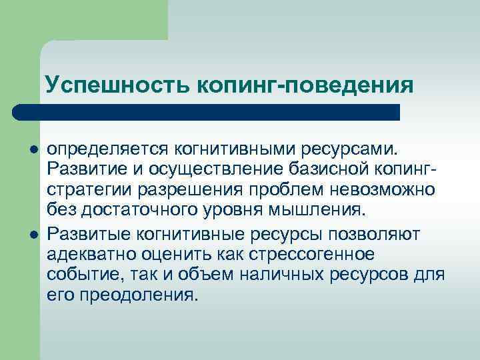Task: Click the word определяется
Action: [x=106, y=146]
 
